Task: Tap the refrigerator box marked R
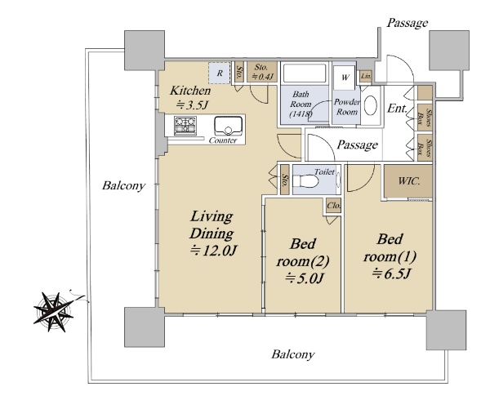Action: click(x=220, y=73)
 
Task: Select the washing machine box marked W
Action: click(x=345, y=77)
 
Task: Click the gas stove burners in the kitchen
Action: click(x=185, y=125)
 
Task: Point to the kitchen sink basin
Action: click(x=229, y=126)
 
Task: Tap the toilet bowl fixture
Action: click(x=305, y=181)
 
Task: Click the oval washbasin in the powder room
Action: click(x=371, y=105)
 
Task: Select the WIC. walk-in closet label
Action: click(x=409, y=181)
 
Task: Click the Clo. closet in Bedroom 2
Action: click(x=334, y=206)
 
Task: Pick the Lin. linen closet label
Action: click(x=366, y=76)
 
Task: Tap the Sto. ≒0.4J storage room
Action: click(x=262, y=72)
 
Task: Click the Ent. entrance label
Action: click(x=398, y=108)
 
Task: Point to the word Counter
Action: click(x=223, y=140)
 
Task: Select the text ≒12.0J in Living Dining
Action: click(x=214, y=251)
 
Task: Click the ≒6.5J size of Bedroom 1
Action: click(x=390, y=273)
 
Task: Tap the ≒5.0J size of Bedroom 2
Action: click(x=303, y=278)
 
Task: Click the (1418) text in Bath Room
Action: click(x=301, y=113)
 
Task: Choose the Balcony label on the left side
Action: click(x=124, y=186)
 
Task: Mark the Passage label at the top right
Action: click(x=408, y=23)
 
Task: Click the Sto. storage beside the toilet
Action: click(x=285, y=180)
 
